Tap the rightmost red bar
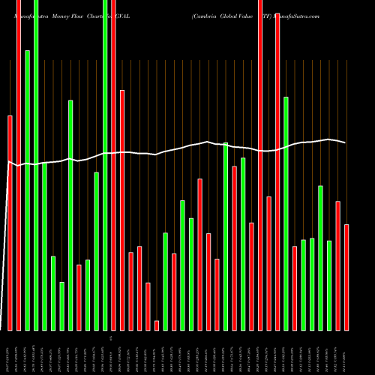click(x=346, y=277)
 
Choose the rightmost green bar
click(x=329, y=285)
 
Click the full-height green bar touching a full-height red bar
click(x=105, y=165)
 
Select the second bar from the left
click(x=19, y=165)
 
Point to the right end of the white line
click(x=345, y=142)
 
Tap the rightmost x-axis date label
click(x=346, y=353)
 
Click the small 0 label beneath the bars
click(x=110, y=339)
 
